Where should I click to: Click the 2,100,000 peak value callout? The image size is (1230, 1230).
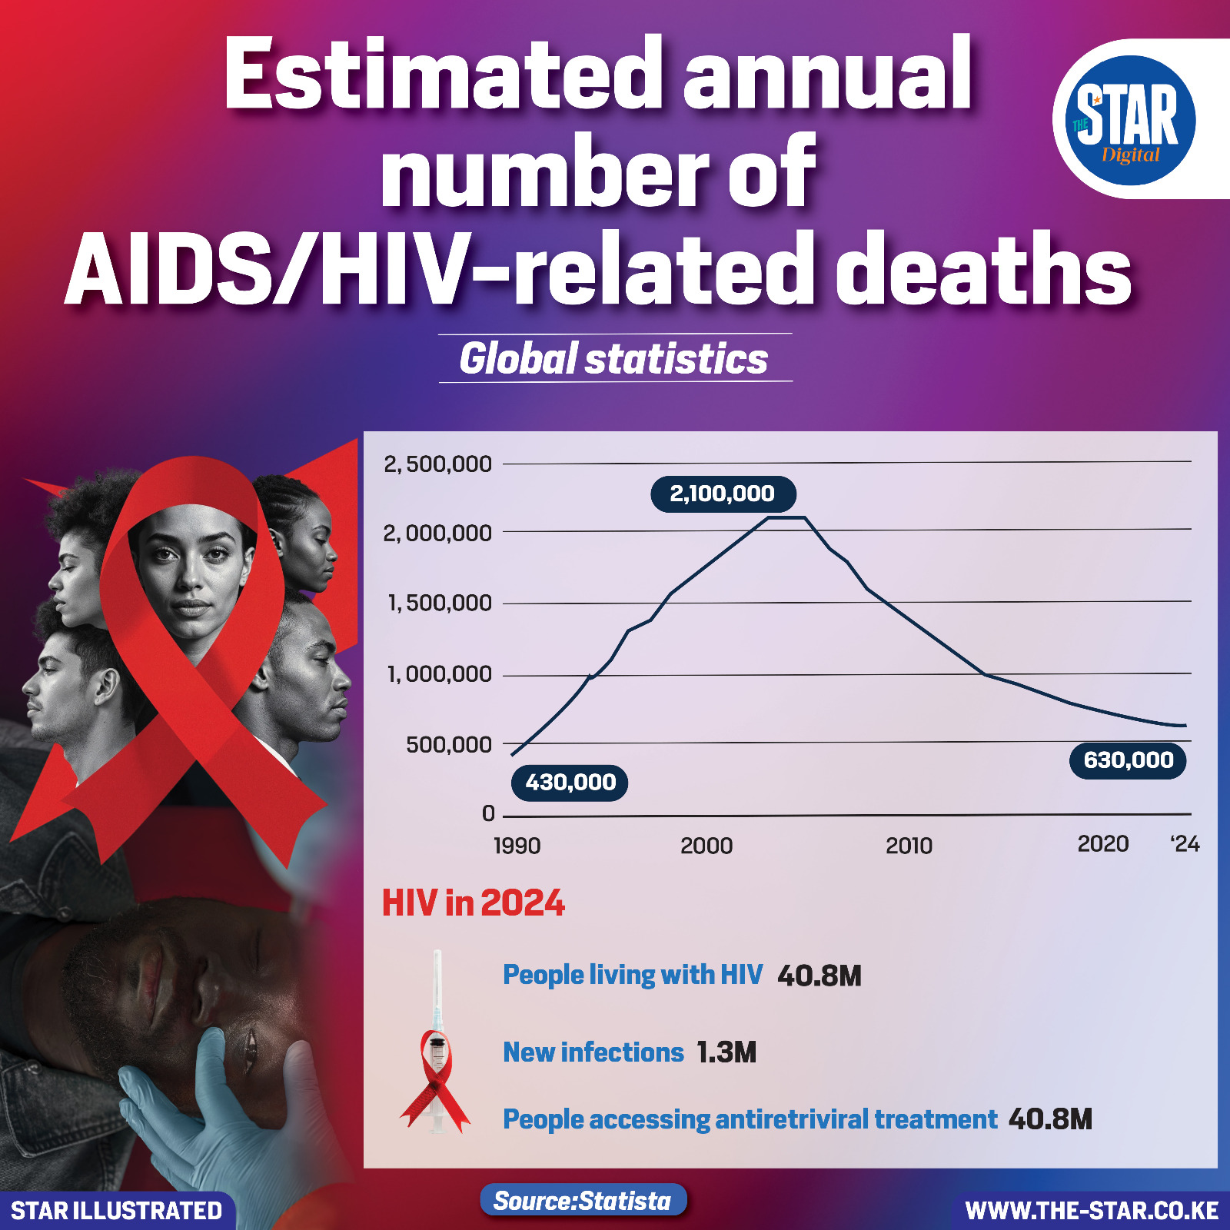[x=723, y=494]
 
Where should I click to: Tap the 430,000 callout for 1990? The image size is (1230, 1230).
[x=570, y=783]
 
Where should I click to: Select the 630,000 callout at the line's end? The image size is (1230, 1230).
[x=1128, y=760]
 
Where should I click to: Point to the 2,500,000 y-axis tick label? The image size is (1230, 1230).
[x=437, y=464]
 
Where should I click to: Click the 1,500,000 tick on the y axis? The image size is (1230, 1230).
[x=439, y=603]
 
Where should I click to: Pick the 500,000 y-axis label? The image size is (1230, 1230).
[x=449, y=745]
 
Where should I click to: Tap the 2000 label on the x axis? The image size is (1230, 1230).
[x=706, y=846]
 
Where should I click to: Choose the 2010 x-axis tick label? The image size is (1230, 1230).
[x=909, y=846]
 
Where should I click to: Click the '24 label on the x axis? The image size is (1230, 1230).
[x=1185, y=844]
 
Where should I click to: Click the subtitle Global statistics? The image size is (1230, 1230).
[x=614, y=359]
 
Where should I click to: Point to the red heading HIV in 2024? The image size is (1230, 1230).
[x=474, y=903]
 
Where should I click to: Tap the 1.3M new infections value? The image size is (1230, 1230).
[x=726, y=1052]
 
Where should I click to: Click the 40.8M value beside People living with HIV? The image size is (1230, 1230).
[x=819, y=976]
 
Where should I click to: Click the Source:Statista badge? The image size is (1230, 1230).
[x=583, y=1201]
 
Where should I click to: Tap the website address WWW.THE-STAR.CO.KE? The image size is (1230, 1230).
[x=1092, y=1211]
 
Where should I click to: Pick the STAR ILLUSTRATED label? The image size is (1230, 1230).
[x=117, y=1211]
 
